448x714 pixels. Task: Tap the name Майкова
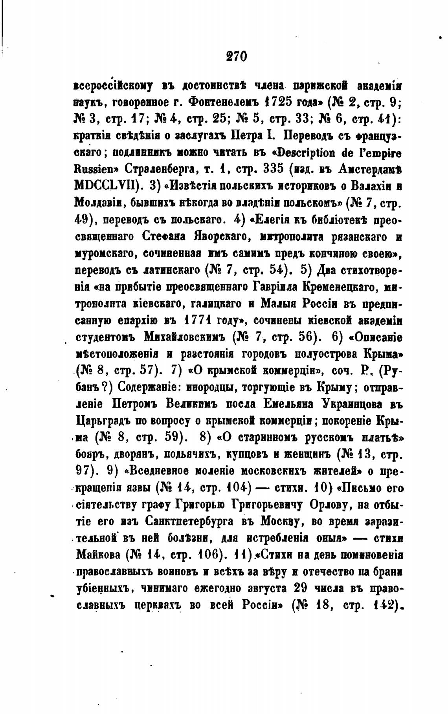(x=97, y=555)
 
